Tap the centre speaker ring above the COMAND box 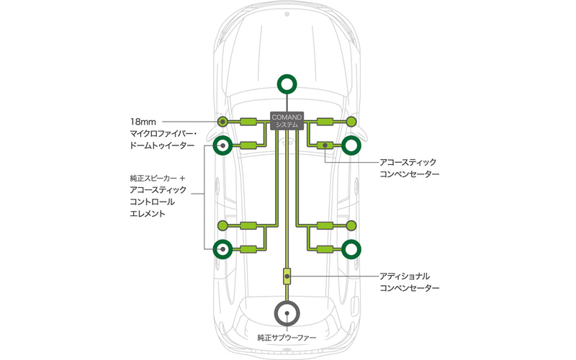pos(287,84)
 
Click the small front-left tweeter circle pos(223,121)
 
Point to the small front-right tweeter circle pos(352,121)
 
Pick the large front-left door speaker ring pos(223,145)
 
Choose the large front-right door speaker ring pos(352,145)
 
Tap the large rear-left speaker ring pos(223,249)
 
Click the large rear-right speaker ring pos(352,249)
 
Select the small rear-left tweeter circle pos(223,225)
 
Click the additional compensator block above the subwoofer pos(287,275)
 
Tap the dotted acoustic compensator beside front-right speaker pos(325,145)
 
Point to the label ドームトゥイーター pos(163,145)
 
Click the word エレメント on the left pos(150,214)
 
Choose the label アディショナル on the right pos(405,276)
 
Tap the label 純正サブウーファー pos(287,337)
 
